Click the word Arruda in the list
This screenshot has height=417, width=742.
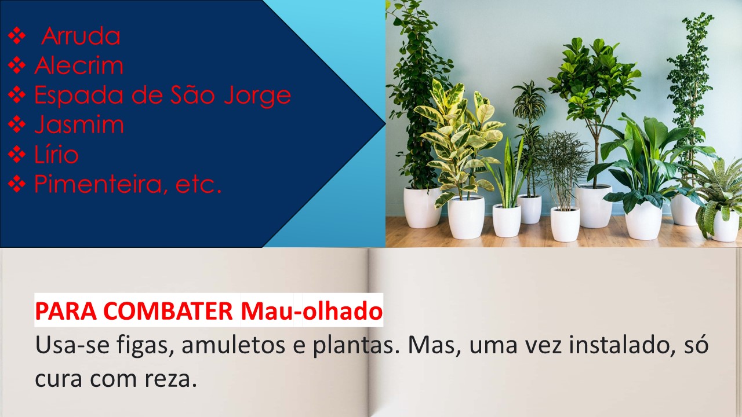tap(81, 36)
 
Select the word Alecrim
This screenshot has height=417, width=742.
tap(79, 65)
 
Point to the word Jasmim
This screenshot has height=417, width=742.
tap(79, 125)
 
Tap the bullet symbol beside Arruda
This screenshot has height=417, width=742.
tap(17, 36)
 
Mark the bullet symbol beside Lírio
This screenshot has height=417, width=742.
tap(17, 154)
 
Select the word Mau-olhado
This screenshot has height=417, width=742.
tap(312, 311)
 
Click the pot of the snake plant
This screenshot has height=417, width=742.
tap(507, 220)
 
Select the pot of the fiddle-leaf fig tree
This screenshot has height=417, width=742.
tap(594, 206)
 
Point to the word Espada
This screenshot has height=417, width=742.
tap(80, 96)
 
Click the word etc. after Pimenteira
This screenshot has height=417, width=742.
tap(198, 185)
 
